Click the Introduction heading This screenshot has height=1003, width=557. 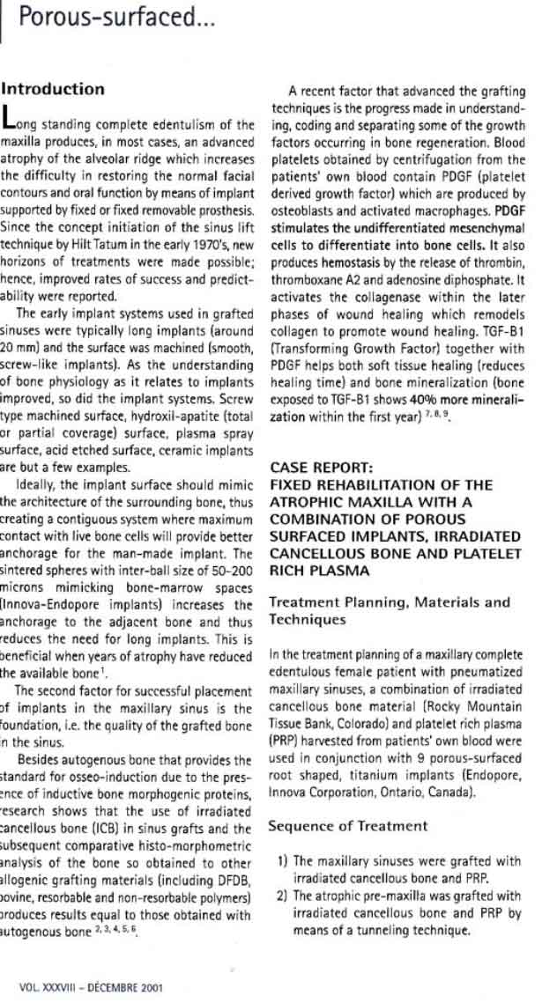pyautogui.click(x=53, y=90)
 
